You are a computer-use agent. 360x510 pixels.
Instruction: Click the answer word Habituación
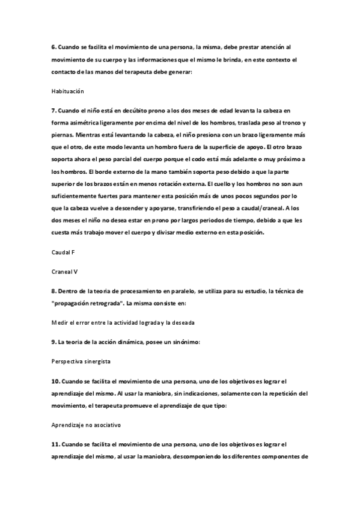pyautogui.click(x=67, y=91)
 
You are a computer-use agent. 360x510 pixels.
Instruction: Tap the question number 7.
pyautogui.click(x=53, y=111)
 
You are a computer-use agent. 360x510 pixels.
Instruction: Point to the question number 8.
pyautogui.click(x=53, y=290)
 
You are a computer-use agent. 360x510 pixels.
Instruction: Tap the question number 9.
pyautogui.click(x=53, y=342)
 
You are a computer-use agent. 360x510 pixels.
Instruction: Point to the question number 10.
pyautogui.click(x=55, y=381)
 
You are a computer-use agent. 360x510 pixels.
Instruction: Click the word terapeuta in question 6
pyautogui.click(x=159, y=72)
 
